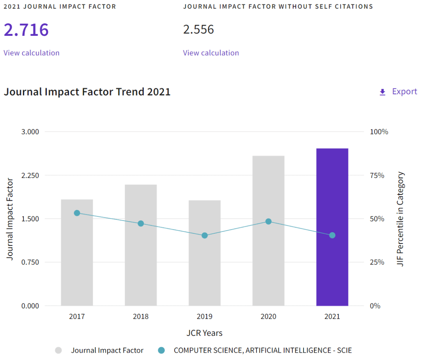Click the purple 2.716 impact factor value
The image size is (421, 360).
[x=26, y=30]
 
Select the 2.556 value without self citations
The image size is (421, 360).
[x=198, y=30]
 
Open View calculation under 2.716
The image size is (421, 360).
[x=32, y=53]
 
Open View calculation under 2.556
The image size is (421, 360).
[x=211, y=53]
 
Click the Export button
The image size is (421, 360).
[x=398, y=92]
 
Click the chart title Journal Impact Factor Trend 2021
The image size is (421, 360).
[x=87, y=92]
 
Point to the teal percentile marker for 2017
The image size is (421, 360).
[x=77, y=213]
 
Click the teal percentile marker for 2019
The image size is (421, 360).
[x=205, y=236]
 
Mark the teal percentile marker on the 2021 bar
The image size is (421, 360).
[x=332, y=235]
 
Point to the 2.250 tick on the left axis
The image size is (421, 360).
[x=30, y=175]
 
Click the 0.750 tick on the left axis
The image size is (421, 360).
[x=30, y=262]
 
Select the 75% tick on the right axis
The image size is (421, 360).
[x=377, y=175]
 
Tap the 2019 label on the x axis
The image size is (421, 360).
[x=205, y=316]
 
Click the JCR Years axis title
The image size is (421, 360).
[x=205, y=333]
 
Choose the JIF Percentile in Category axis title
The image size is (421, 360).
[x=400, y=219]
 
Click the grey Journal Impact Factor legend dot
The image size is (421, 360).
[x=58, y=350]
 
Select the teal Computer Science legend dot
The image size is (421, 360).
[x=161, y=350]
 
